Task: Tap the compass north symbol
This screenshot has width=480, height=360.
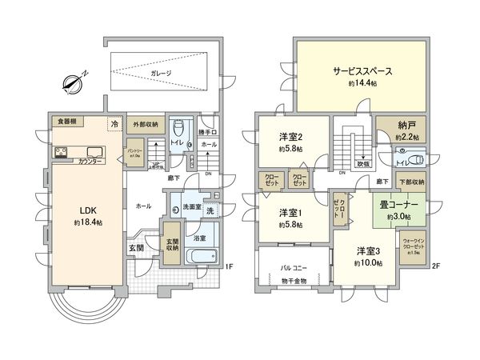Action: pyautogui.click(x=75, y=82)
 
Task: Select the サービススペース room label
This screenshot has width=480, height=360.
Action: pyautogui.click(x=363, y=70)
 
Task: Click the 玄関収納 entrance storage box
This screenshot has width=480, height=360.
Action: pyautogui.click(x=172, y=246)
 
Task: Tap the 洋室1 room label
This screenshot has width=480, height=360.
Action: pyautogui.click(x=290, y=213)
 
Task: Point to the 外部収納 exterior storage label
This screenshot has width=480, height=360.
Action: pyautogui.click(x=145, y=125)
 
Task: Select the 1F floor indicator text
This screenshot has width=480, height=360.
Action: pyautogui.click(x=228, y=267)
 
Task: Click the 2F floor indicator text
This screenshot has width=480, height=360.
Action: pyautogui.click(x=436, y=267)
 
